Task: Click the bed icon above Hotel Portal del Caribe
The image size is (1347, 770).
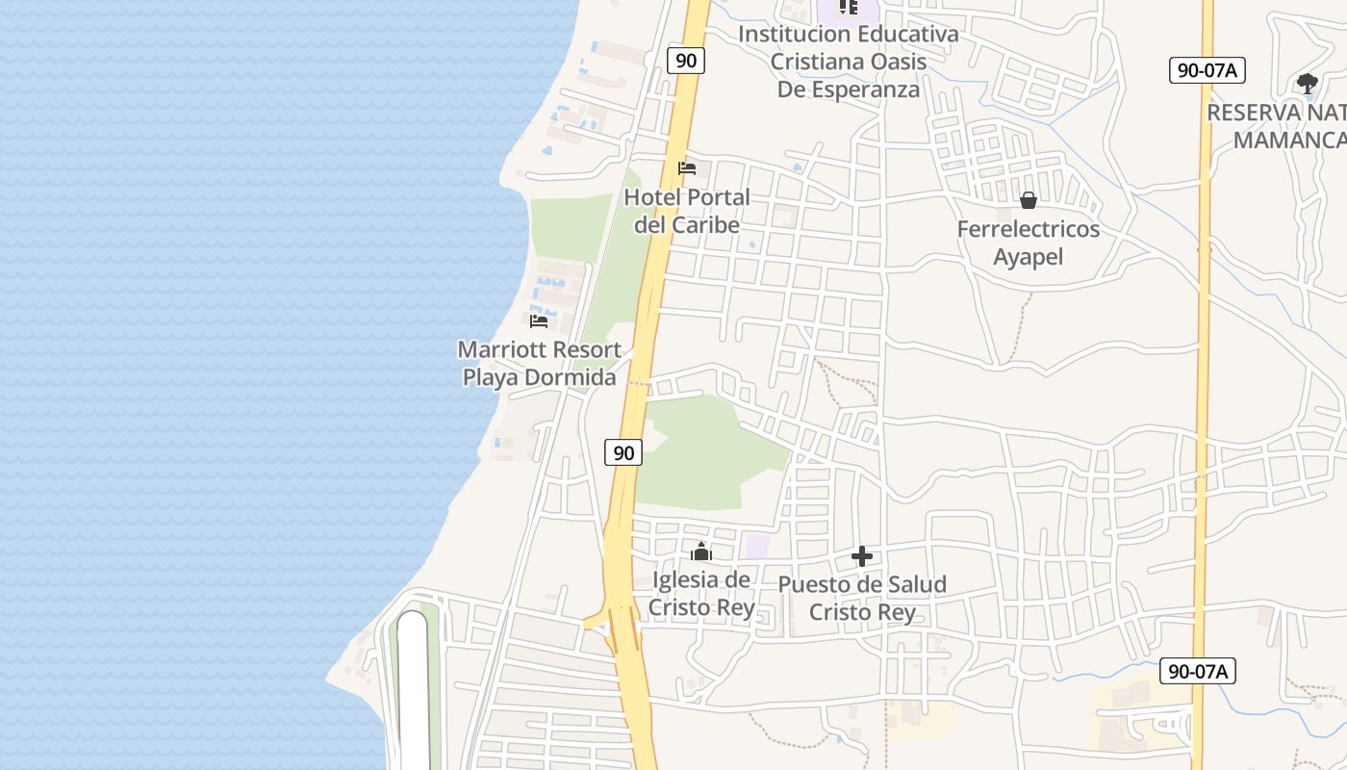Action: pyautogui.click(x=687, y=168)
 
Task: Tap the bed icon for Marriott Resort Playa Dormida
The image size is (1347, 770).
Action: pyautogui.click(x=539, y=321)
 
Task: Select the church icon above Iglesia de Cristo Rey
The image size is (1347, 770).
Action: pyautogui.click(x=701, y=552)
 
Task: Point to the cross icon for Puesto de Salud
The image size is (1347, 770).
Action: pyautogui.click(x=862, y=556)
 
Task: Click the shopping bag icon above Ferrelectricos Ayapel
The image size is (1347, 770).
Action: pyautogui.click(x=1029, y=200)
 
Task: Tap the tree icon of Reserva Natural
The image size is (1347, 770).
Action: pyautogui.click(x=1307, y=84)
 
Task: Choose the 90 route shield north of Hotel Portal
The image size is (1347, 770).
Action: pyautogui.click(x=686, y=61)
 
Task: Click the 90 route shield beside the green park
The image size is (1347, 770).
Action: pyautogui.click(x=623, y=452)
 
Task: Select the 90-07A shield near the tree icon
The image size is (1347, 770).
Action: pyautogui.click(x=1207, y=69)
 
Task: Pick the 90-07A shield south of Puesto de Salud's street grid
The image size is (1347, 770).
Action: pyautogui.click(x=1197, y=671)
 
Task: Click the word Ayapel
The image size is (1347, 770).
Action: pyautogui.click(x=1028, y=257)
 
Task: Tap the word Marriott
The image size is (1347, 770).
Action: pyautogui.click(x=498, y=349)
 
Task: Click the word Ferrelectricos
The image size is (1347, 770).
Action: pyautogui.click(x=1028, y=230)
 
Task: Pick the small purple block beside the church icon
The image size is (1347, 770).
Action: pyautogui.click(x=757, y=546)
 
